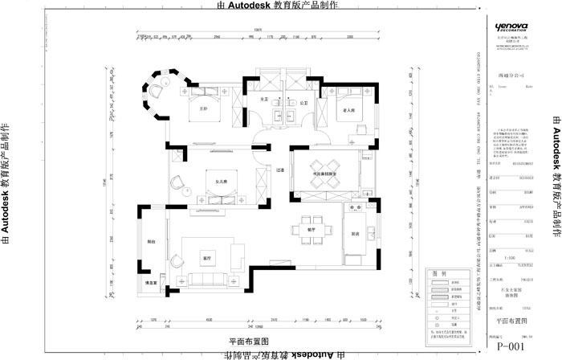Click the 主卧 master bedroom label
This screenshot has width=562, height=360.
coord(202,108)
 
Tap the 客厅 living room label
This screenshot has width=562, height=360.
coord(206,259)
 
